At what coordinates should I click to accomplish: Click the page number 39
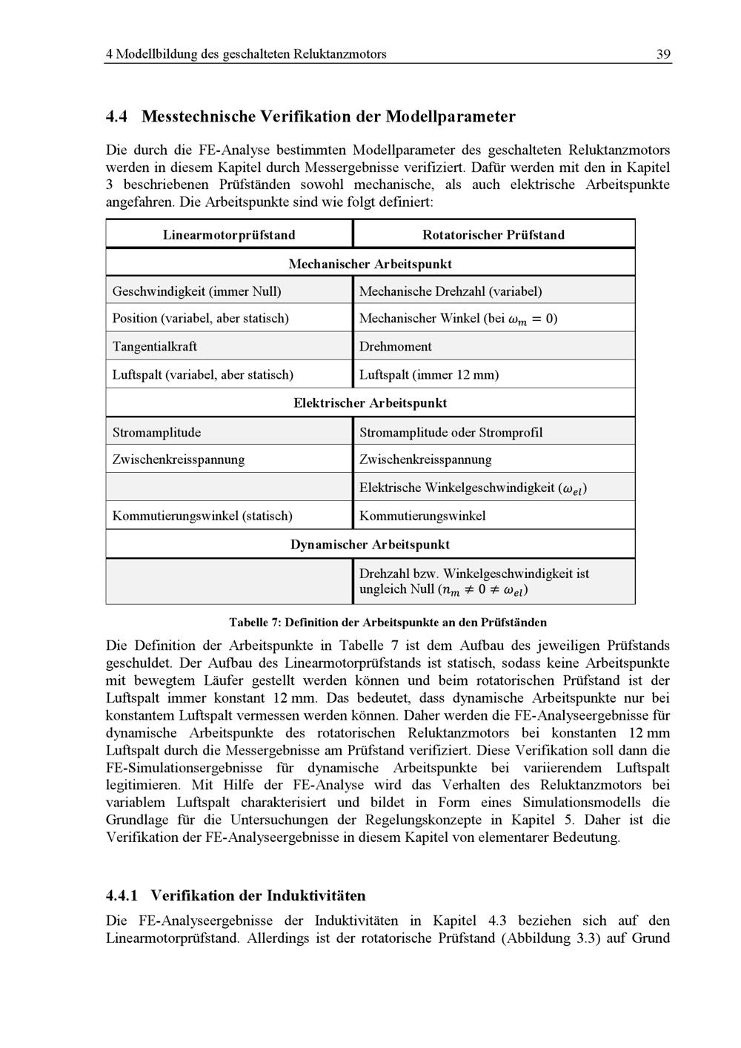(x=663, y=54)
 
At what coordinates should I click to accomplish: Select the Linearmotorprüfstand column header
(x=229, y=235)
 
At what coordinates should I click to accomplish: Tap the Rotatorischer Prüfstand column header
(x=494, y=235)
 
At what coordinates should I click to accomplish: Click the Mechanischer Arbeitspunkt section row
(x=370, y=264)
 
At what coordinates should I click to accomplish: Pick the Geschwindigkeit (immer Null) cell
(x=197, y=291)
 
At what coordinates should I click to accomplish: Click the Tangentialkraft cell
(x=155, y=346)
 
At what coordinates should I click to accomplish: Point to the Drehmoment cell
(x=396, y=346)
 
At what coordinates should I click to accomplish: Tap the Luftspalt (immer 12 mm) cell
(x=429, y=374)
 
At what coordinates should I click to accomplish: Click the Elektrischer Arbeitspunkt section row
(x=370, y=403)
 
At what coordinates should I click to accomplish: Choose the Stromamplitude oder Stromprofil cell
(x=451, y=432)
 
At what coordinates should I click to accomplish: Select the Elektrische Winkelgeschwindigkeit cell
(x=473, y=488)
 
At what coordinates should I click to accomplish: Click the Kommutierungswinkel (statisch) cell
(x=202, y=516)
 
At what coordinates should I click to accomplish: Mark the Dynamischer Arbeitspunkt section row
(x=370, y=545)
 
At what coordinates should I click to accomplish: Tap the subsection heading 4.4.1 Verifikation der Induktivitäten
(x=236, y=895)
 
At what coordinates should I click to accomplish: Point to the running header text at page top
(x=246, y=54)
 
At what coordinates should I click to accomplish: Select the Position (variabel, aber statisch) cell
(x=201, y=318)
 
